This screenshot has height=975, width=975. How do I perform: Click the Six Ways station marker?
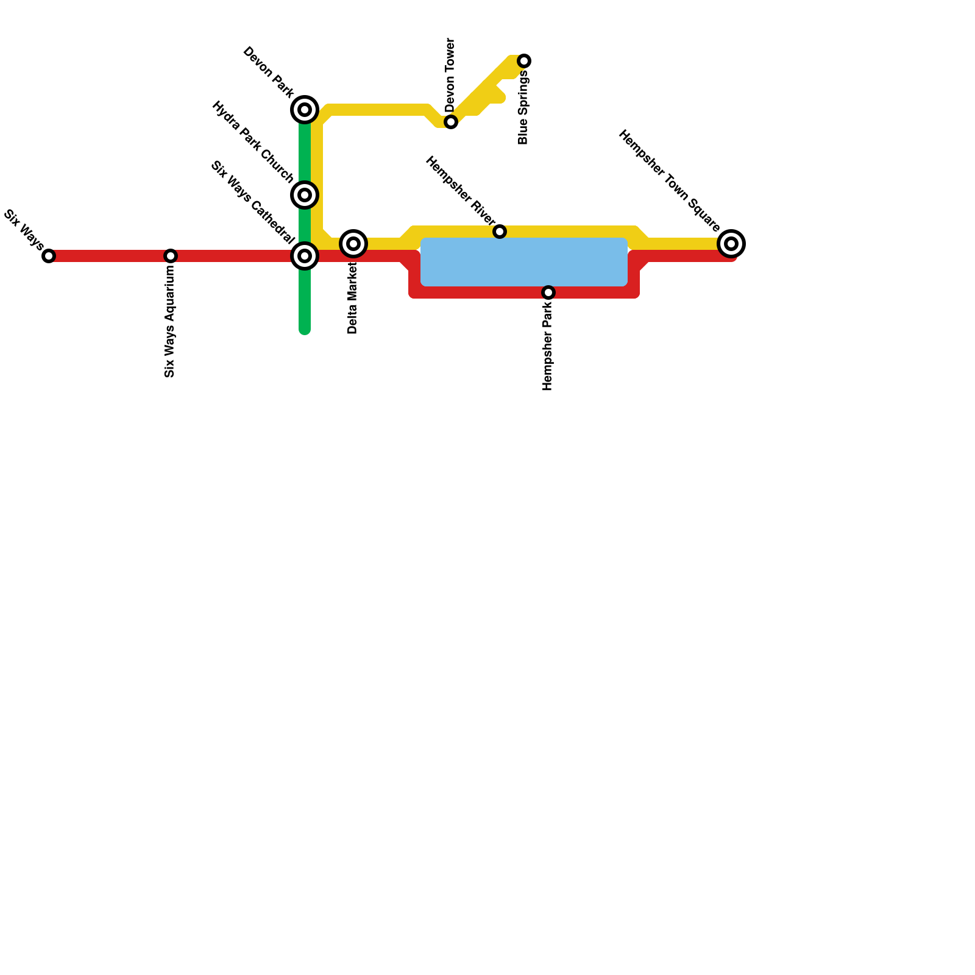[49, 256]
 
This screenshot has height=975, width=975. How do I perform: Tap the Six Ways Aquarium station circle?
[171, 256]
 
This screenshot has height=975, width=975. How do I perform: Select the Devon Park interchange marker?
[305, 110]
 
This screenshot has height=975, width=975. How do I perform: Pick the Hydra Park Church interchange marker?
[305, 195]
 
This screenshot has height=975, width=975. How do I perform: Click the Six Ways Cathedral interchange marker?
[305, 256]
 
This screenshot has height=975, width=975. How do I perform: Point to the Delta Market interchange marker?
[353, 244]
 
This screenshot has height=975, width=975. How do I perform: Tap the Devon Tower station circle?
[451, 122]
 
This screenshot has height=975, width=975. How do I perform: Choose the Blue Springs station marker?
[524, 61]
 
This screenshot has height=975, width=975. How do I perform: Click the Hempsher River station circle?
[500, 232]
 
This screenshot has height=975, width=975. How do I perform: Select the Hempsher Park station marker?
[548, 292]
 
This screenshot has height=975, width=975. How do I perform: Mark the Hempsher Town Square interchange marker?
[731, 244]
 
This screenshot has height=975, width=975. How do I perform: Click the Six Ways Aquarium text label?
[170, 322]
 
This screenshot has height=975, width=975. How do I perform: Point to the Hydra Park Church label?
[252, 143]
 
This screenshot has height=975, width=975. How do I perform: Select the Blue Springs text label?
[523, 108]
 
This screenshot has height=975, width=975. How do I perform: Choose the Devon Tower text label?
[450, 74]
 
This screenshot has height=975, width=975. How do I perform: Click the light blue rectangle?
[524, 262]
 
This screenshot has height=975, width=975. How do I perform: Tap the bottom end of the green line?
[305, 331]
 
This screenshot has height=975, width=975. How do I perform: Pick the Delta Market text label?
[353, 299]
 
